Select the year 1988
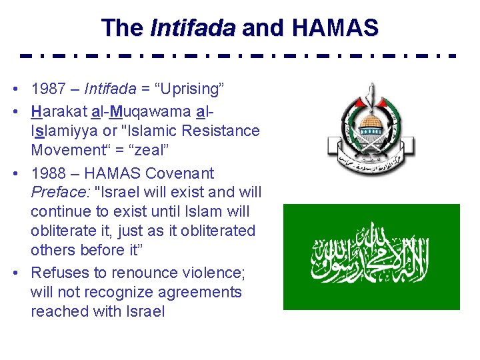pyautogui.click(x=49, y=173)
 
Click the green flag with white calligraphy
pyautogui.click(x=371, y=257)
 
